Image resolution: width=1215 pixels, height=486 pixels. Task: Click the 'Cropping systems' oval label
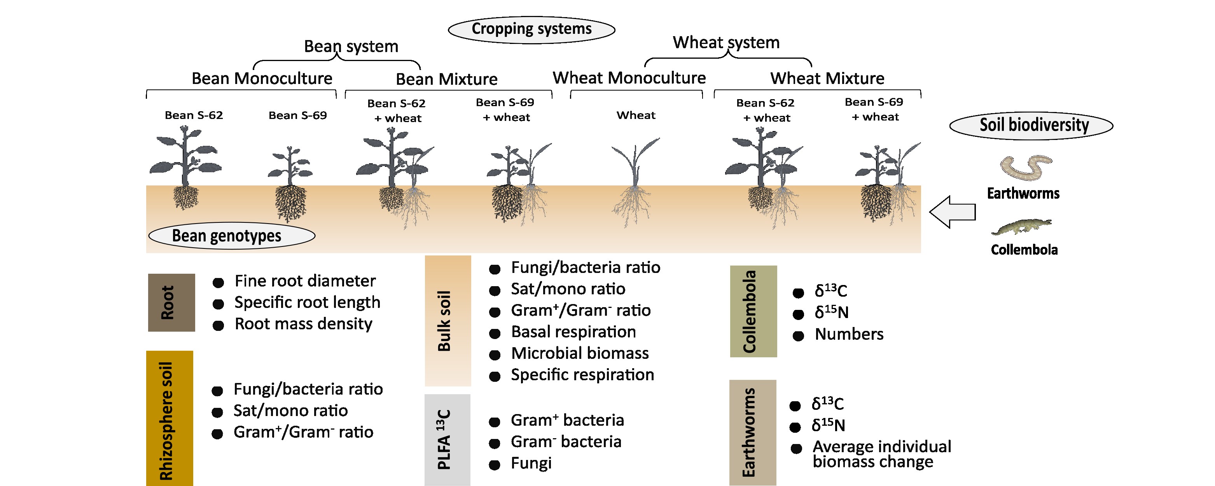(x=531, y=30)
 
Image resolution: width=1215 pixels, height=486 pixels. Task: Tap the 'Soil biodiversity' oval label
(x=1031, y=126)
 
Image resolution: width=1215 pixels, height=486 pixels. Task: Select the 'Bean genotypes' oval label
(x=232, y=236)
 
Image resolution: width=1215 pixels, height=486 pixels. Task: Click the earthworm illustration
(x=1026, y=168)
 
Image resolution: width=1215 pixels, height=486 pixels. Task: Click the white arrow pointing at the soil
(x=952, y=212)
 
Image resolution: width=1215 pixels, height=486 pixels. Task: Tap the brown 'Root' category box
(x=171, y=302)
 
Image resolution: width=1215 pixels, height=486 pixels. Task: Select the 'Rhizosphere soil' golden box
(x=170, y=418)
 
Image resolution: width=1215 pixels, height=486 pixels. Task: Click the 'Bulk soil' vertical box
(x=448, y=321)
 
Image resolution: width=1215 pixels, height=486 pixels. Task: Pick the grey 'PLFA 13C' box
(x=447, y=440)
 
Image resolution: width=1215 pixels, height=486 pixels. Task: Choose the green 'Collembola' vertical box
(x=753, y=311)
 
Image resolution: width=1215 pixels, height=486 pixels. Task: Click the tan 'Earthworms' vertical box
(x=753, y=433)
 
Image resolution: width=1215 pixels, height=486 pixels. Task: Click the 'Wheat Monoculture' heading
(x=629, y=78)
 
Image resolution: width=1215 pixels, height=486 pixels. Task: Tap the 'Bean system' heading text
(x=351, y=46)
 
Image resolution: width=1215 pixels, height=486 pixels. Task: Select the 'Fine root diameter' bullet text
(x=305, y=281)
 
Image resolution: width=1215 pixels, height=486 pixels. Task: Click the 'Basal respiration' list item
(x=573, y=332)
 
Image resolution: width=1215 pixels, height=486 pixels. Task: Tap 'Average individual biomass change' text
(x=881, y=453)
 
